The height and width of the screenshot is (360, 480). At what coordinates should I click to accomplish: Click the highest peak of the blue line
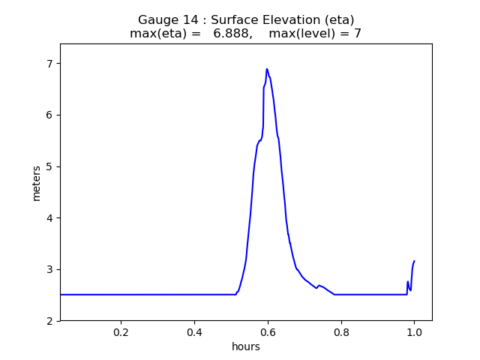point(266,69)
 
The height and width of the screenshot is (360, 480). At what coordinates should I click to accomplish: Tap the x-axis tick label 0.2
point(121,332)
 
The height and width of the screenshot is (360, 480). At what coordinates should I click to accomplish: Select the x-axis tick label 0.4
point(194,332)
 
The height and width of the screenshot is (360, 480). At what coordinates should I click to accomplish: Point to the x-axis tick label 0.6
point(268,332)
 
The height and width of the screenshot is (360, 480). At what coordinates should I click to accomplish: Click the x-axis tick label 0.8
point(340,332)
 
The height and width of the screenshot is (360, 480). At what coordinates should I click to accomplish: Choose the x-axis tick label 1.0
point(414,332)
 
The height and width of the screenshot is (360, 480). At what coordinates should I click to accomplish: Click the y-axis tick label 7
point(50,63)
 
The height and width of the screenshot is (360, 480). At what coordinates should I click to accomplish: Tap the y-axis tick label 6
point(50,115)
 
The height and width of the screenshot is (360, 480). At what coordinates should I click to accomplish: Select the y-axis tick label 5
point(50,166)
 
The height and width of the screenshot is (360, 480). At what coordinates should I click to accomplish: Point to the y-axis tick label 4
point(50,218)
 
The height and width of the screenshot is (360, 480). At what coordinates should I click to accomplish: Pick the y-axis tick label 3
point(50,269)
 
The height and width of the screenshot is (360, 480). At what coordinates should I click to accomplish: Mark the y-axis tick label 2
point(50,321)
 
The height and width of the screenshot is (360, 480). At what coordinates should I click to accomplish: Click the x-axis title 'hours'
point(246,346)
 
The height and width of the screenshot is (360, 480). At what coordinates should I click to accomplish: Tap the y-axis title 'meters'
point(37,182)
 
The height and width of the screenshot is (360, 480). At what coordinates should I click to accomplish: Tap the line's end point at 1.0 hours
point(414,261)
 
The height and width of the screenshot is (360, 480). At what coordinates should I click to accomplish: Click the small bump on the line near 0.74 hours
point(319,285)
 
